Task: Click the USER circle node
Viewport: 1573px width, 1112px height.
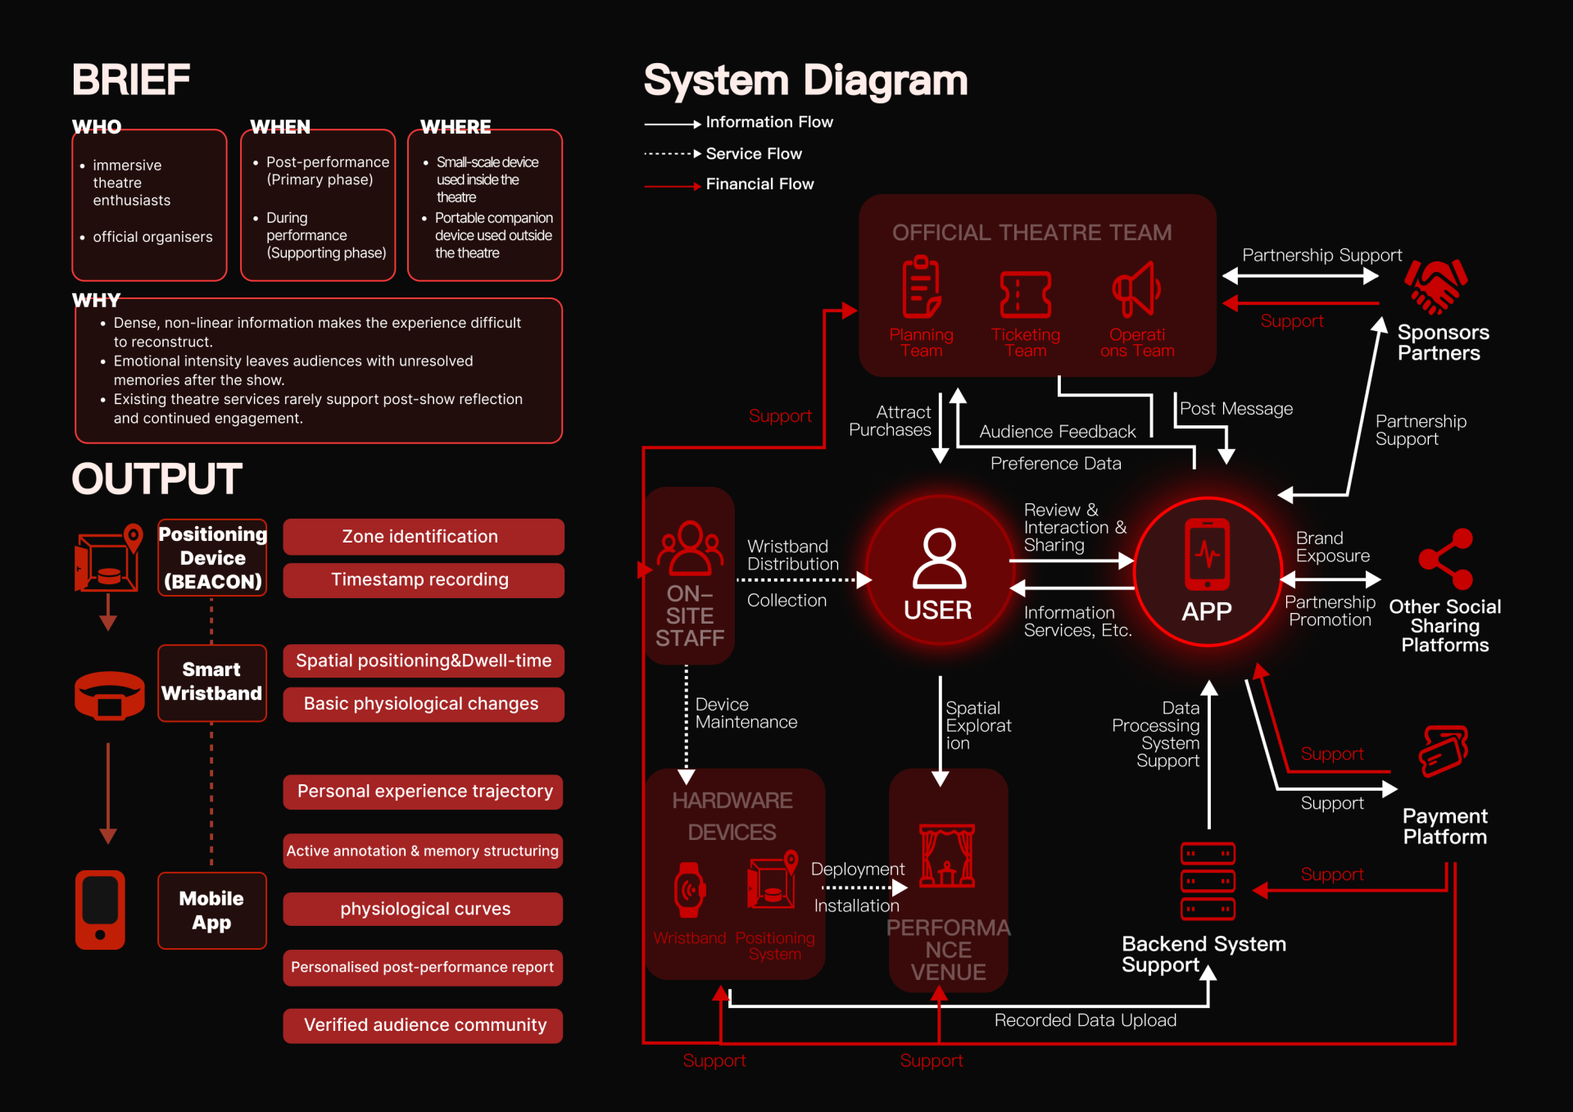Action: (x=939, y=570)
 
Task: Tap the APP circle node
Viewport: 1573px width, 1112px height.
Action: (x=1208, y=571)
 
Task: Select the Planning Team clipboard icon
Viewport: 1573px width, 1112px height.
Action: (x=922, y=287)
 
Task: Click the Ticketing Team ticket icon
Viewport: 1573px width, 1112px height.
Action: (x=1026, y=294)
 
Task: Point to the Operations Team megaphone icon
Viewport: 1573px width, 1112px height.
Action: (x=1136, y=289)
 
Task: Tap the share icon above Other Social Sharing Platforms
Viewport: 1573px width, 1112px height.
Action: (x=1446, y=560)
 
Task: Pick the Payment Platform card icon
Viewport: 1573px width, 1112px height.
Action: (x=1444, y=751)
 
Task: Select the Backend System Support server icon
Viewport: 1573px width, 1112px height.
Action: (x=1208, y=881)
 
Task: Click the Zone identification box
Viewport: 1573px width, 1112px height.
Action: (x=424, y=537)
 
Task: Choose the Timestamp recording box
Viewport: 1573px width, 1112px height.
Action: (x=424, y=580)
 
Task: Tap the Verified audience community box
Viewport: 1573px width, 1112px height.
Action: (x=424, y=1025)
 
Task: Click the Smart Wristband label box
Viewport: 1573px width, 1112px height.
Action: (x=212, y=683)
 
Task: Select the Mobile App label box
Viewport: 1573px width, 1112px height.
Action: (x=212, y=910)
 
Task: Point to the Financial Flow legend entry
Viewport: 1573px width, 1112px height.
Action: (x=729, y=184)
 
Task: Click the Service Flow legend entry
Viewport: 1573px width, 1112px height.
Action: (x=723, y=154)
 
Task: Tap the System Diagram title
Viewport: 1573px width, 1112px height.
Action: (x=805, y=81)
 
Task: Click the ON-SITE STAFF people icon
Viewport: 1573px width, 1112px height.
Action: (x=690, y=548)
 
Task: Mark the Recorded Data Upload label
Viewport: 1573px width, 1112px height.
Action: (x=1086, y=1020)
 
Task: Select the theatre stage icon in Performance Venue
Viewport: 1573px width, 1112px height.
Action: (x=947, y=856)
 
